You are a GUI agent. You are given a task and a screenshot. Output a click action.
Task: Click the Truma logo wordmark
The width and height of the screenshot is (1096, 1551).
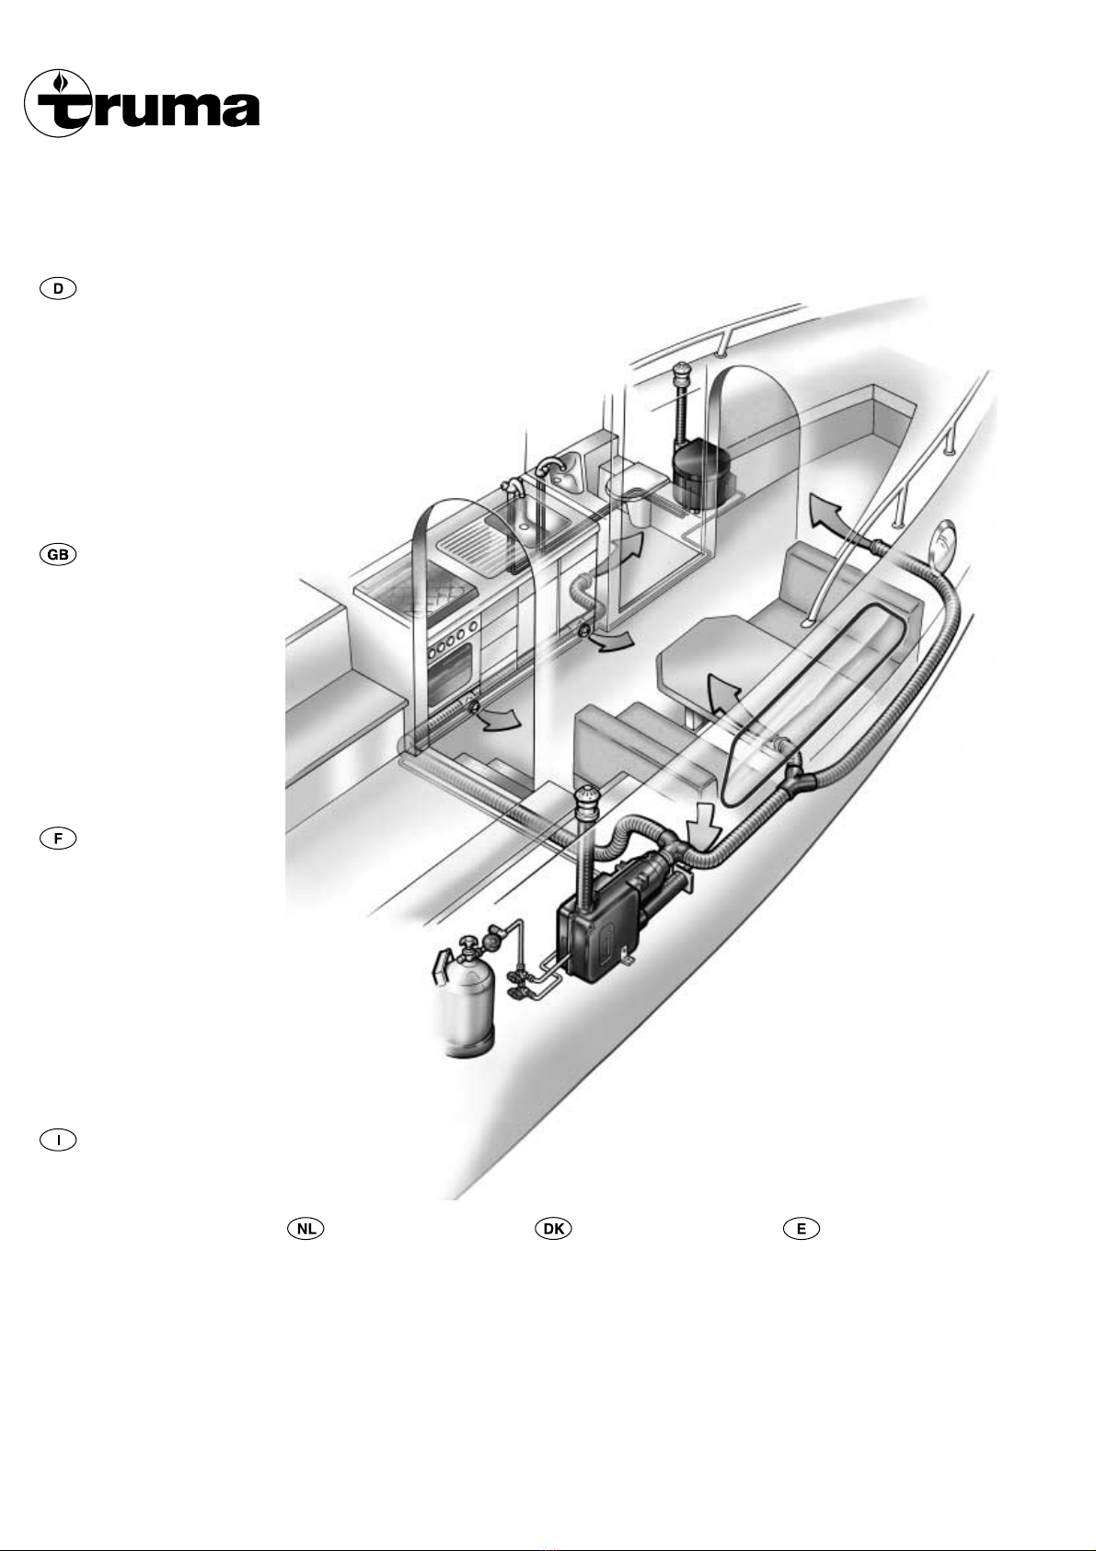[142, 103]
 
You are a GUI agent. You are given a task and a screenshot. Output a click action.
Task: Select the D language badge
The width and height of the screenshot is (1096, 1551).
[58, 289]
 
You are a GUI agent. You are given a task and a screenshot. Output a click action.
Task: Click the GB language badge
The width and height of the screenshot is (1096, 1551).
[58, 555]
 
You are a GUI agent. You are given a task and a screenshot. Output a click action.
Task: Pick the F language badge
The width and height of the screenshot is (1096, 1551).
[58, 839]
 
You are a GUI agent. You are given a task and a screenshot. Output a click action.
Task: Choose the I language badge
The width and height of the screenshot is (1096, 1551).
[58, 1140]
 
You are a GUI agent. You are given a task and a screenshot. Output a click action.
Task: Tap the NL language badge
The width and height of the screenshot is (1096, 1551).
[306, 1228]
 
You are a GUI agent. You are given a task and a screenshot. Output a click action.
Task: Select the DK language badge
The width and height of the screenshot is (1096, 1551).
[553, 1228]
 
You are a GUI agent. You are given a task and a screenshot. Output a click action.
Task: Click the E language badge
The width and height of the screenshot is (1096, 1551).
[801, 1228]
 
